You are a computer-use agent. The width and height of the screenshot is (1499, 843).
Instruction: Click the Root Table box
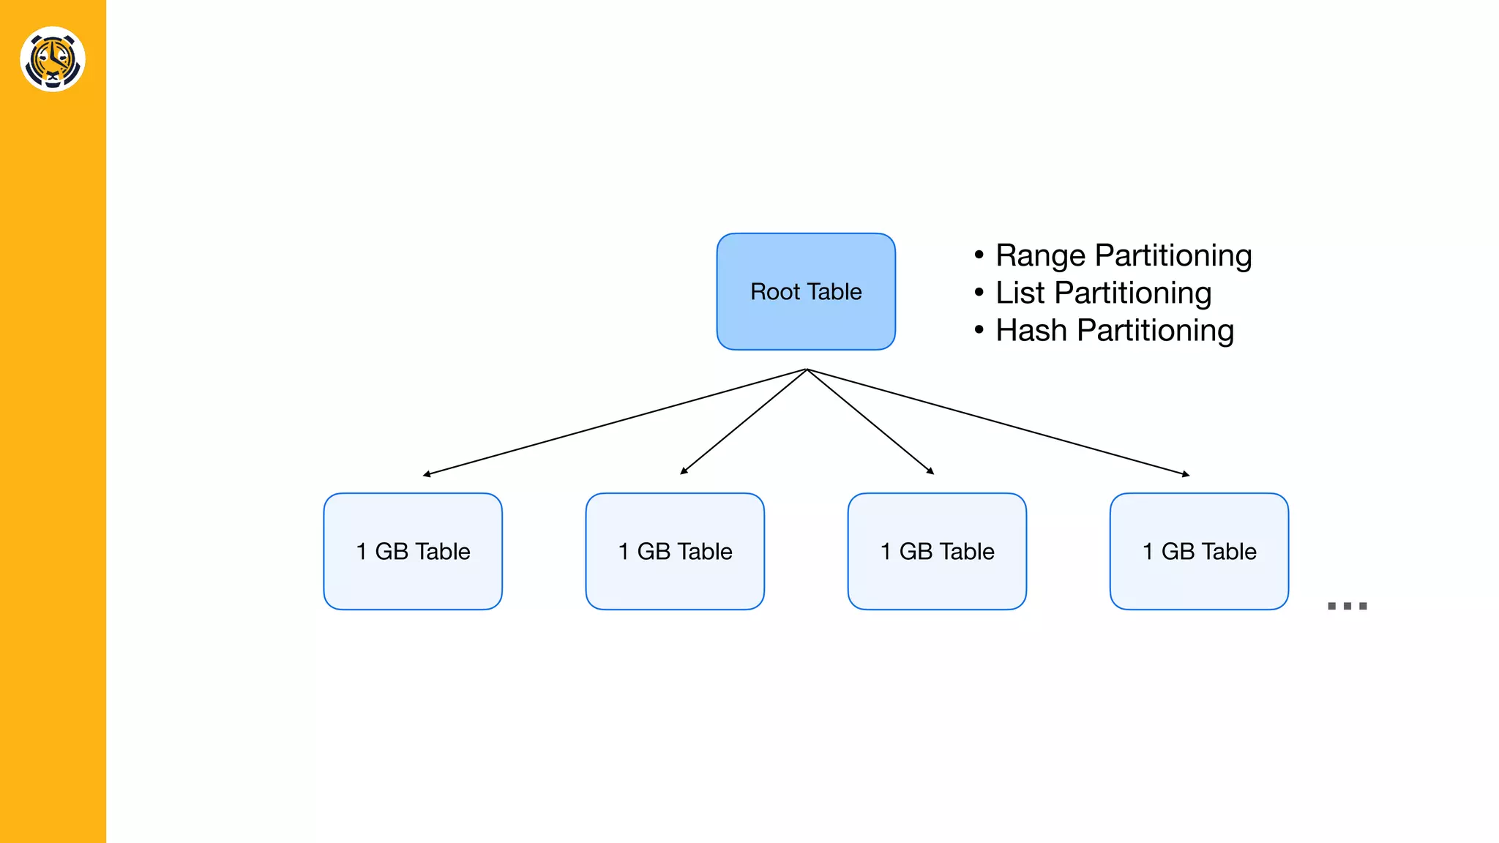point(806,291)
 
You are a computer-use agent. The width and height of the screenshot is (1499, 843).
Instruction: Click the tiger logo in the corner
point(53,59)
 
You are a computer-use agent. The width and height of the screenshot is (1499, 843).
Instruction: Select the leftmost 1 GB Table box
point(413,551)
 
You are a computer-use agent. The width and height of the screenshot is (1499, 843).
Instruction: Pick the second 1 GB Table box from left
point(675,551)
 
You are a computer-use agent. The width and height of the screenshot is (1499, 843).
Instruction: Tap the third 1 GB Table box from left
point(937,551)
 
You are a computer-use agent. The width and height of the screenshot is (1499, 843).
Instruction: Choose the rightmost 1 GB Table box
point(1199,551)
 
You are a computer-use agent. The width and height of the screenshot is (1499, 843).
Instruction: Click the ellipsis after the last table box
point(1347,606)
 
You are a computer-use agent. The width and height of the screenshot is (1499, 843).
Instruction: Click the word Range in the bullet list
point(1040,256)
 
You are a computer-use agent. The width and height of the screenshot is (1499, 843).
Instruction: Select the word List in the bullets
point(1020,293)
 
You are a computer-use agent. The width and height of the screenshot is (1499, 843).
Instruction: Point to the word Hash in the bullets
point(1031,330)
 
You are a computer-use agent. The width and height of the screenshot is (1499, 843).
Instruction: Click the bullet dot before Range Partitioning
point(979,255)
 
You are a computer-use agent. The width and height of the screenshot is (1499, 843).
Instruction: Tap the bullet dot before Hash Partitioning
point(979,330)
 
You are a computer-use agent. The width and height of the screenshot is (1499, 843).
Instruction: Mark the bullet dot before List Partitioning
point(979,293)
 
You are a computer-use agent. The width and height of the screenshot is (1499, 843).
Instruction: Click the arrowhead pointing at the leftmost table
point(427,475)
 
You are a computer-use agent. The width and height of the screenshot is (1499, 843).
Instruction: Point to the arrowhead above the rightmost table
point(1186,475)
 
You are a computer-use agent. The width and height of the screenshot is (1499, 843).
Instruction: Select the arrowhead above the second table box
point(684,471)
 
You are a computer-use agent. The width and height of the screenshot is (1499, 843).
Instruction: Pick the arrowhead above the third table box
point(930,471)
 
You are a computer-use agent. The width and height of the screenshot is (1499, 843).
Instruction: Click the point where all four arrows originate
point(807,370)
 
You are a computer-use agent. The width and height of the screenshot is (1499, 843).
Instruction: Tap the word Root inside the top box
point(775,292)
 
